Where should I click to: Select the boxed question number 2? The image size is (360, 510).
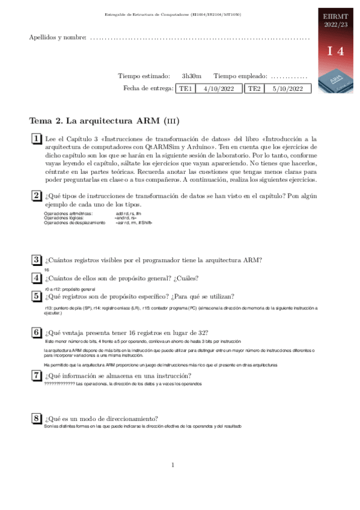[x=36, y=196]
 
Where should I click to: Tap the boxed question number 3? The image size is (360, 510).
[x=36, y=259]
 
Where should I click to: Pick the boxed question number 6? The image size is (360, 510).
[x=36, y=333]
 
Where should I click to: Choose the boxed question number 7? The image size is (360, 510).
[x=36, y=376]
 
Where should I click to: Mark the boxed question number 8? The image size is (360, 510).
[x=36, y=419]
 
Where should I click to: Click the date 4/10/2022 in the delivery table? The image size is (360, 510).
[x=219, y=88]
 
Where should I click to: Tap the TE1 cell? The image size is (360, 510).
[x=185, y=88]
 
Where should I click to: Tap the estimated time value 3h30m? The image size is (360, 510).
[x=192, y=76]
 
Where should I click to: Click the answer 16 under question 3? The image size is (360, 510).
[x=47, y=269]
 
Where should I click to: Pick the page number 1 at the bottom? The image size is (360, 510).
[x=173, y=464]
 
